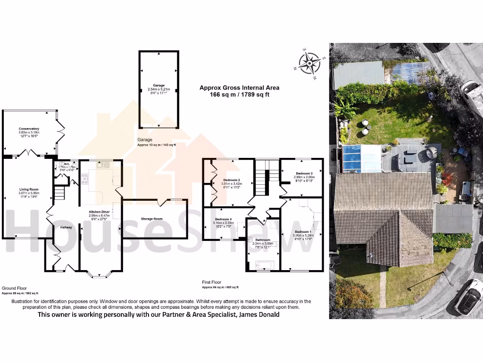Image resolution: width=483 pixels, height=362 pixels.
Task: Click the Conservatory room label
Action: click(29, 129)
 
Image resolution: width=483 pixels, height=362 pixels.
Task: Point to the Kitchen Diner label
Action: click(100, 212)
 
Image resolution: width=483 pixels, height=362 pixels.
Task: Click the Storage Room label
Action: click(151, 219)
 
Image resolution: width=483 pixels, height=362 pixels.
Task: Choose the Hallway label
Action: click(66, 227)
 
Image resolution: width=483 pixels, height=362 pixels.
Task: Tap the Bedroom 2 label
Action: click(232, 180)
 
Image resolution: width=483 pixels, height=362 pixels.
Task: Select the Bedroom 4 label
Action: click(224, 219)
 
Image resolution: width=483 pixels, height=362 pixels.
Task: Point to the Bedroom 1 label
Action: click(303, 232)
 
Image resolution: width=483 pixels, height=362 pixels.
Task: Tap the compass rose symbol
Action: click(309, 63)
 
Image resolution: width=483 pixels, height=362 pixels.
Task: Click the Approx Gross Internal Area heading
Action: click(239, 88)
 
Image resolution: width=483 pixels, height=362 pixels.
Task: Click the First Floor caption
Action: click(211, 282)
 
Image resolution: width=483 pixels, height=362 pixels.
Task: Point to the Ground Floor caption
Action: click(14, 288)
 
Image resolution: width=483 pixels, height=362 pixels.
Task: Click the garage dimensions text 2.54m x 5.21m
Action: click(158, 89)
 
